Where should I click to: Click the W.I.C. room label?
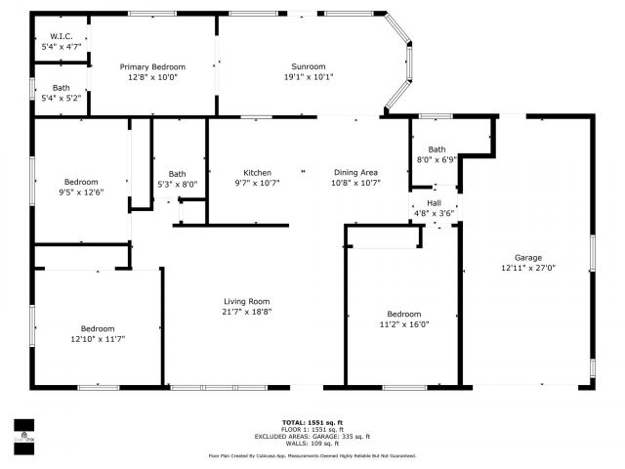tap(62, 36)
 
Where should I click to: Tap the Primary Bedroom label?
tap(152, 66)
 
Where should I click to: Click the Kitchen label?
tap(258, 173)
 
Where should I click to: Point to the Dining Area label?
tap(355, 173)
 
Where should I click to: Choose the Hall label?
tap(434, 203)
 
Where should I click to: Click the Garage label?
tap(528, 258)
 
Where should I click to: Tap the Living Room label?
tap(246, 301)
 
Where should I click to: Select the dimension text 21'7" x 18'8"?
tap(246, 312)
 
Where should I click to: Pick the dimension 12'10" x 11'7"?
tap(98, 339)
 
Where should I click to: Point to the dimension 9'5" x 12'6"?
tap(81, 192)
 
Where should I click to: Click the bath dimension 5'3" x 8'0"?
tap(177, 184)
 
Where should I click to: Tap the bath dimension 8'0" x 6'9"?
tap(437, 159)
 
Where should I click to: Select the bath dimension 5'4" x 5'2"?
tap(61, 99)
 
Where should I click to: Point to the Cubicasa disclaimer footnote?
tap(312, 455)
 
